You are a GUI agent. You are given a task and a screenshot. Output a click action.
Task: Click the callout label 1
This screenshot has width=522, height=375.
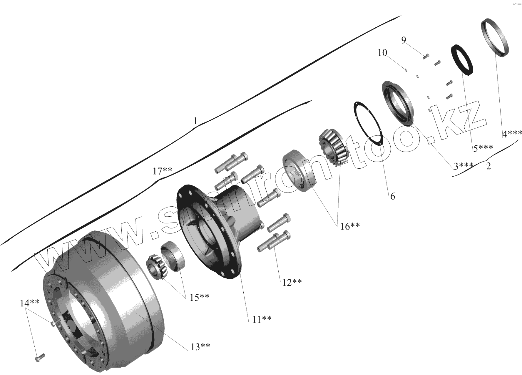click(x=195, y=121)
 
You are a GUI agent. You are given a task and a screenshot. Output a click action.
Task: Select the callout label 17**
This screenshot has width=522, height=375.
click(x=162, y=171)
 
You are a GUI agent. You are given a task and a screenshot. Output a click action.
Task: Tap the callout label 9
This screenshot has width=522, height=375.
click(x=404, y=40)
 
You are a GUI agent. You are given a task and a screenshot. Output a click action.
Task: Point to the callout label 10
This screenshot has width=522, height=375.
click(x=382, y=53)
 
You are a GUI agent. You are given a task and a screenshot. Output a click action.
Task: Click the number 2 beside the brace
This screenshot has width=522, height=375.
click(x=488, y=166)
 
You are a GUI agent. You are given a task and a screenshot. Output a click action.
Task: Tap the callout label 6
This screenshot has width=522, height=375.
click(x=393, y=196)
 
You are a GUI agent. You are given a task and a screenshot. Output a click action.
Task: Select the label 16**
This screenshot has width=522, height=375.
click(x=350, y=226)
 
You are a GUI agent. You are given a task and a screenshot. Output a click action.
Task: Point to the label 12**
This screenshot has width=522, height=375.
click(x=292, y=282)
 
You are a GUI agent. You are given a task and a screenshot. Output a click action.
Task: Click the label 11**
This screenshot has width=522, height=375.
click(x=262, y=319)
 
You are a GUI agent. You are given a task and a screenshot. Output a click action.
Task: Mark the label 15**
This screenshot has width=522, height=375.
click(x=199, y=297)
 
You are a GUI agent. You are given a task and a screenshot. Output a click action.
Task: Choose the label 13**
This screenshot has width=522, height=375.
click(x=200, y=346)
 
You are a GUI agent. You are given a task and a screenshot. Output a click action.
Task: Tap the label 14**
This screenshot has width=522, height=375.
click(x=30, y=303)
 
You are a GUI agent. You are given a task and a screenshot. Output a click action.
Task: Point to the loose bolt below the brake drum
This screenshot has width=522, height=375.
click(x=39, y=358)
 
